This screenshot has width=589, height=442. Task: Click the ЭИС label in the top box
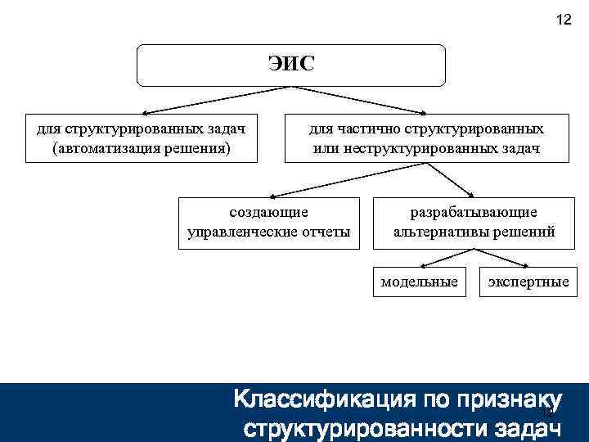pos(290,64)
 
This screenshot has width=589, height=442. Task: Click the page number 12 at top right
pos(563,20)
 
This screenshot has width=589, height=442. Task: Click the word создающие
pos(268,212)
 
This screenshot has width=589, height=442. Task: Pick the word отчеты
pos(325,232)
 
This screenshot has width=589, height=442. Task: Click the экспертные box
pos(528,282)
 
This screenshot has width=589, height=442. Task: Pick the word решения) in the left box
pos(197,149)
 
